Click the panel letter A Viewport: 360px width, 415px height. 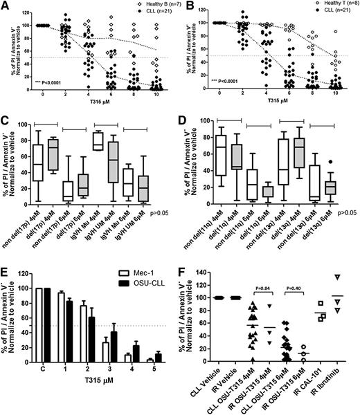6,6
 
